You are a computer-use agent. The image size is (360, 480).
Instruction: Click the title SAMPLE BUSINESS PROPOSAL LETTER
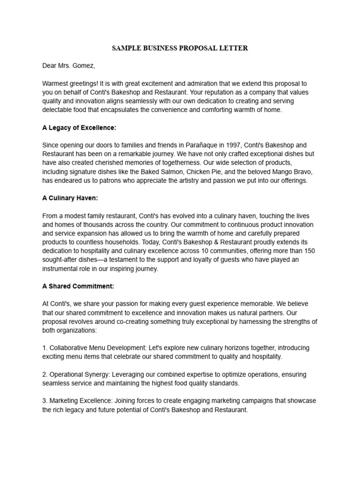(x=180, y=48)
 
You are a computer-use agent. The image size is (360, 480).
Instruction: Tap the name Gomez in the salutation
(x=84, y=66)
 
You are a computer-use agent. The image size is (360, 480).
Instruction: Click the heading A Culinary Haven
(x=70, y=198)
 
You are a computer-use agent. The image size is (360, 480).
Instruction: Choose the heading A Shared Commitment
(x=78, y=286)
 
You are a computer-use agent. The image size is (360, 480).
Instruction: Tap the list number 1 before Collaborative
(x=44, y=348)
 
